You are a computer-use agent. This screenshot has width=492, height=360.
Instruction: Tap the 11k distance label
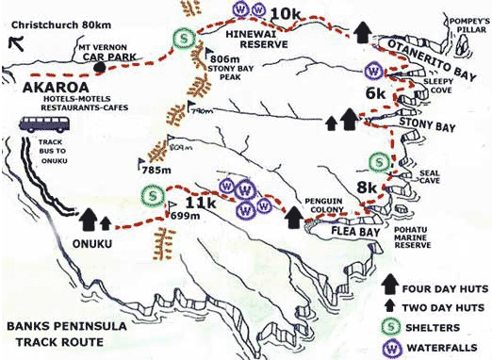pos(201,203)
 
